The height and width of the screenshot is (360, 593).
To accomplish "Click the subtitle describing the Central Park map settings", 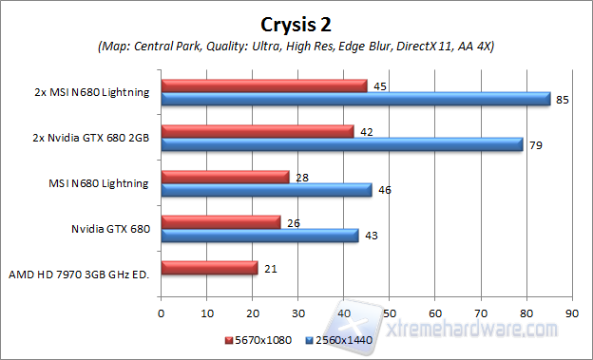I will point(296,47).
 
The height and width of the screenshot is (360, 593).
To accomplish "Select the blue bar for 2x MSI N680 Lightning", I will point(355,99).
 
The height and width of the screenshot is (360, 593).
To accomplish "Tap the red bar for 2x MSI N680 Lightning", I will point(264,85).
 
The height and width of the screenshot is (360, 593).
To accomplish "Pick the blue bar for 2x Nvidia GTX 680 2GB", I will point(342,144).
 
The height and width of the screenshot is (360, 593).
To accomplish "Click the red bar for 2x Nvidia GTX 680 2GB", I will point(258,131).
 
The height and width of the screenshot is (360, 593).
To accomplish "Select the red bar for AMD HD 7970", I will point(209,268).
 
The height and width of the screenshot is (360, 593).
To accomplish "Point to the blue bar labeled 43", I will point(259,236).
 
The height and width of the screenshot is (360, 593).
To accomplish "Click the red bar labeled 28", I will point(225,177).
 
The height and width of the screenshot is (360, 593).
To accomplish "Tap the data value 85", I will point(562,99).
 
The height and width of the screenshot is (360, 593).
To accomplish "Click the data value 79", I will point(535,144).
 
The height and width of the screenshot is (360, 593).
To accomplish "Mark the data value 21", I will point(269,268).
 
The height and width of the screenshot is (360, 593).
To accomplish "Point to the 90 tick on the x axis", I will point(570,312).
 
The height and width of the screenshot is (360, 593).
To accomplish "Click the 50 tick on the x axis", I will point(389,312).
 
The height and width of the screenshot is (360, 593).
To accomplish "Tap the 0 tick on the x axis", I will point(162,312).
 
